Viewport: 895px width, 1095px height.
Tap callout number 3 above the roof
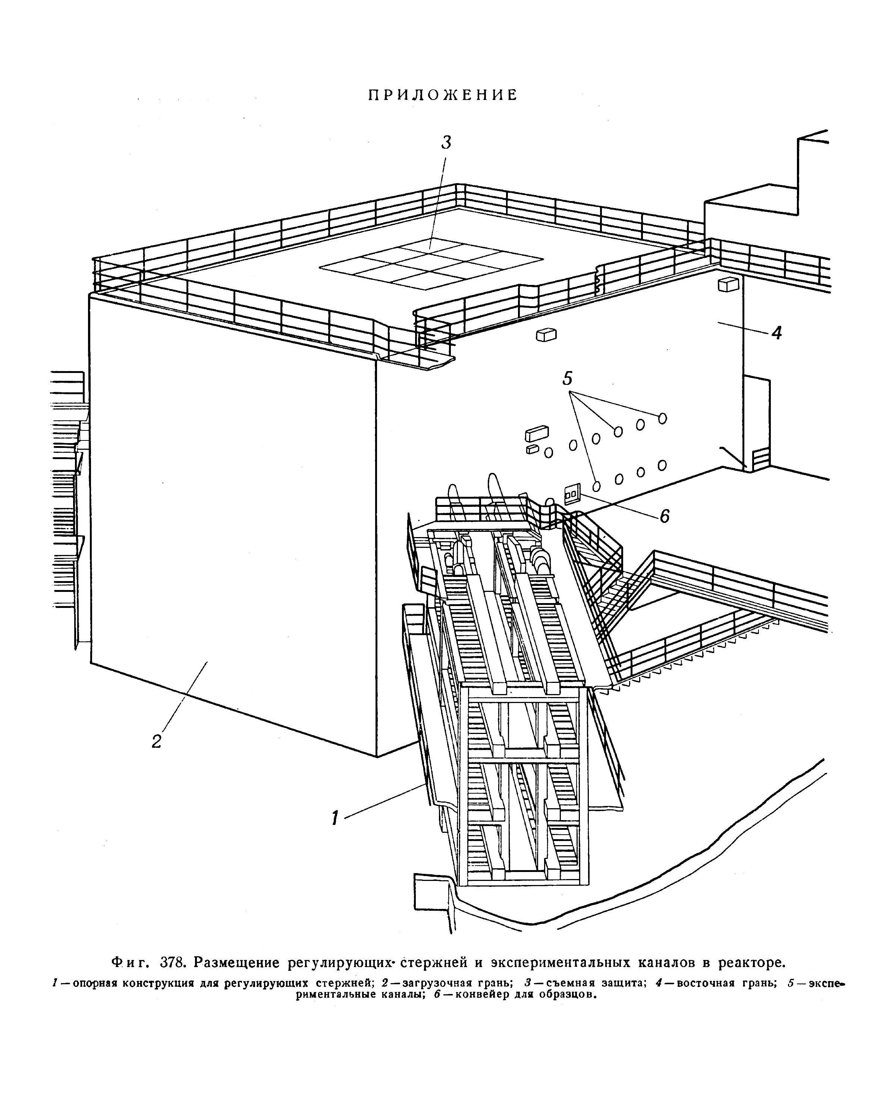[x=446, y=142]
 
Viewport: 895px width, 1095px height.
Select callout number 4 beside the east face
[x=776, y=333]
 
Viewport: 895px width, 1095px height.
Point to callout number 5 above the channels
[x=567, y=379]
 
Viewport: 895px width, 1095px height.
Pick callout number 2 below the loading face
[x=157, y=741]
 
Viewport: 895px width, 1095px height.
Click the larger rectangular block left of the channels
[x=537, y=433]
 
